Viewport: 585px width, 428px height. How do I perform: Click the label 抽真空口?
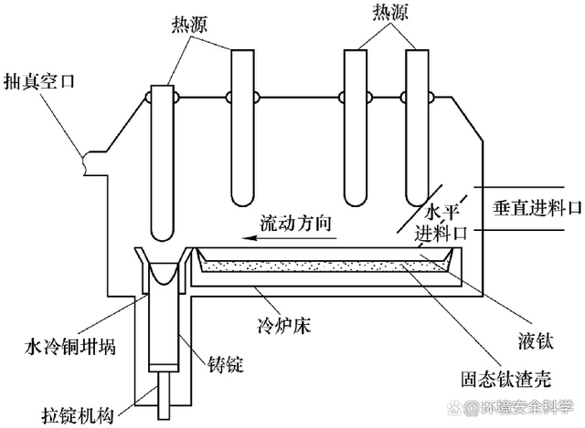[40, 80]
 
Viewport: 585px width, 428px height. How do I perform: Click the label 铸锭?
[221, 366]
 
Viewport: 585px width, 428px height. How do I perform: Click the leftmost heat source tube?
[163, 164]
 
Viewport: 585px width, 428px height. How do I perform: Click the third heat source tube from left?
[355, 128]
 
